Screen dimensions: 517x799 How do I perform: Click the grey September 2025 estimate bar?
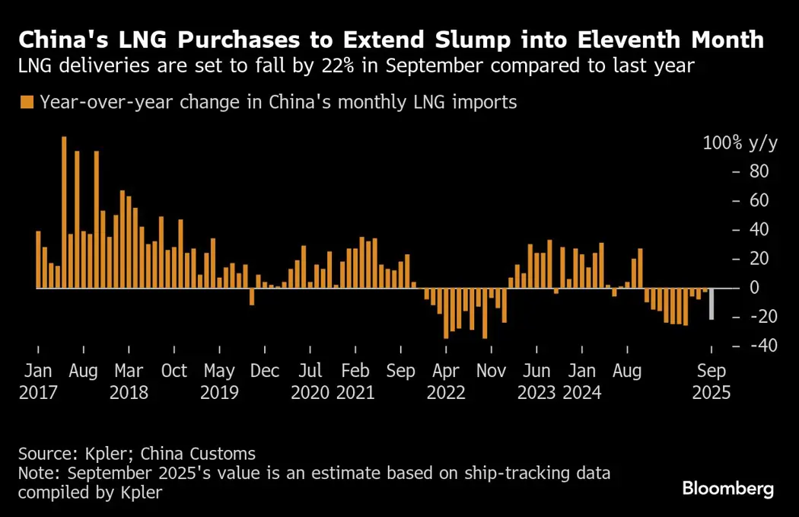click(x=711, y=304)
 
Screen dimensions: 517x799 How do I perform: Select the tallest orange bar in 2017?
click(x=64, y=212)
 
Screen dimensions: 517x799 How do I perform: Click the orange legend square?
click(x=27, y=102)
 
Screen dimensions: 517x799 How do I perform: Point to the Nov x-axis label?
click(x=491, y=371)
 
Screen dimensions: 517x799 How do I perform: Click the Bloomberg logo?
click(x=727, y=489)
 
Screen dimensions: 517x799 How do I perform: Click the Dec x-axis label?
click(x=265, y=371)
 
